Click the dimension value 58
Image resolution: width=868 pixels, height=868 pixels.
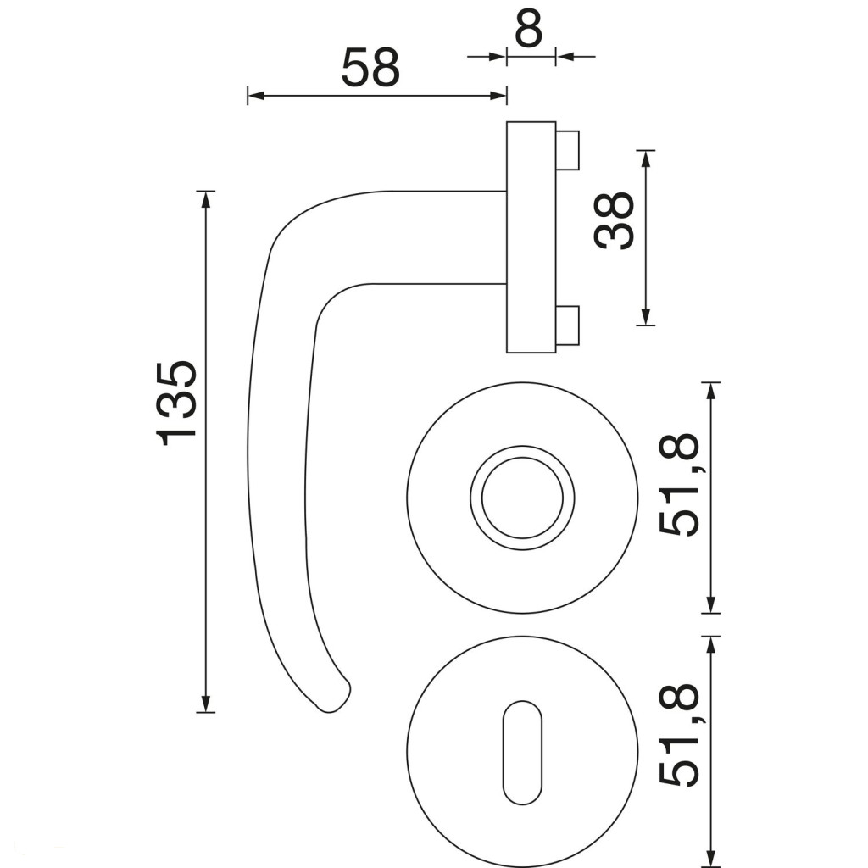(x=370, y=68)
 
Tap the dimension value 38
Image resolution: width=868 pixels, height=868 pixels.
(x=614, y=220)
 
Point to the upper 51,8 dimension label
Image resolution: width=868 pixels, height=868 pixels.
(x=680, y=484)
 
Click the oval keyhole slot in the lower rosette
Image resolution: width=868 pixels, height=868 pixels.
(x=522, y=753)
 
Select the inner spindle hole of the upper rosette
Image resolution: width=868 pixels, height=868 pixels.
(x=522, y=498)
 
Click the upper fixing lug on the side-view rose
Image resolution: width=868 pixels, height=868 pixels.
(x=568, y=150)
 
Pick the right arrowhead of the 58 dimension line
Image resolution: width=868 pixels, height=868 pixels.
(x=498, y=96)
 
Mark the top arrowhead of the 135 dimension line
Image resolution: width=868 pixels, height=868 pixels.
(x=206, y=199)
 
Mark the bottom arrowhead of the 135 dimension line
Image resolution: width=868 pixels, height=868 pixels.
(x=206, y=704)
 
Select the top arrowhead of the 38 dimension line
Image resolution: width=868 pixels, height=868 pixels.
(x=645, y=159)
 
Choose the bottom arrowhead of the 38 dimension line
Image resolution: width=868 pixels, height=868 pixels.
(x=645, y=317)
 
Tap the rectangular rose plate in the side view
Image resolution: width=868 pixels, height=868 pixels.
(x=531, y=237)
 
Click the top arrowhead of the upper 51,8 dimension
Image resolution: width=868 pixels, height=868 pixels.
(x=711, y=391)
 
